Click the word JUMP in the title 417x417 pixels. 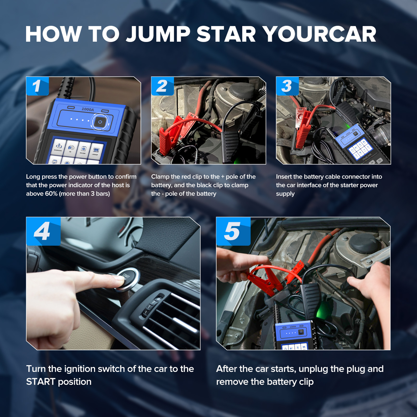[158, 34]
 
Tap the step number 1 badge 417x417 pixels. [38, 86]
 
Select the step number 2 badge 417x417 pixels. [162, 86]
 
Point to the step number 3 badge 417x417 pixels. [287, 86]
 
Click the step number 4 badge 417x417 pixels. [43, 231]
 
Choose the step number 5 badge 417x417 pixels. [233, 231]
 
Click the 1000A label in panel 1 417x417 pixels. [88, 109]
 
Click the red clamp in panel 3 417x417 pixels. [302, 130]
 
